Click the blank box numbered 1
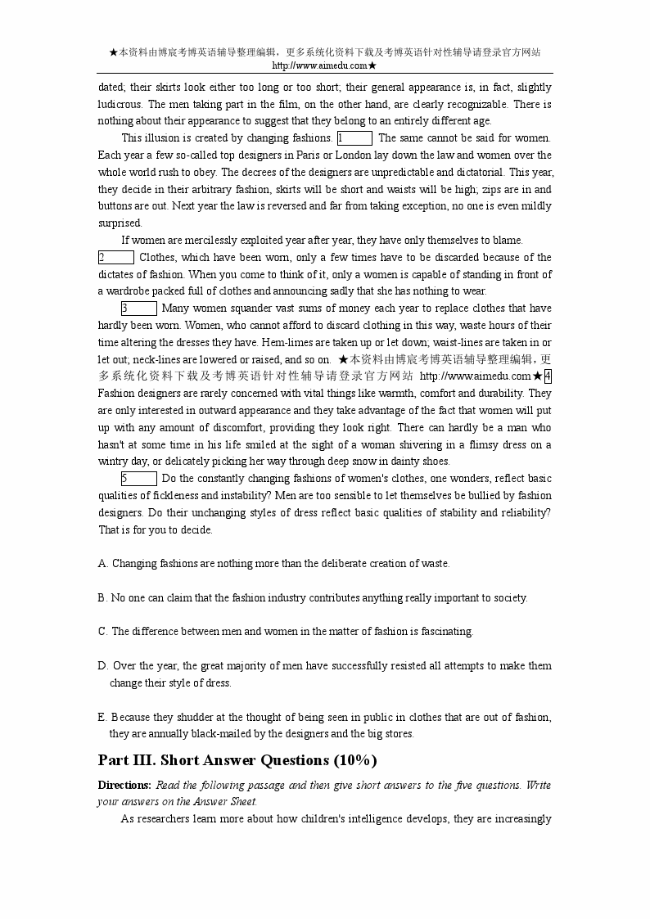click(x=354, y=138)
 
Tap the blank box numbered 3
click(x=138, y=309)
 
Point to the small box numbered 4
click(x=548, y=376)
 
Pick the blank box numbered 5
click(x=138, y=479)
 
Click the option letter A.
click(x=102, y=564)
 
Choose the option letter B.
click(x=102, y=597)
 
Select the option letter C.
click(x=102, y=632)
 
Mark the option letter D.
click(x=102, y=666)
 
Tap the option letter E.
click(x=102, y=718)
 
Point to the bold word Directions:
click(x=124, y=786)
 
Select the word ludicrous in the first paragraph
click(x=120, y=105)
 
